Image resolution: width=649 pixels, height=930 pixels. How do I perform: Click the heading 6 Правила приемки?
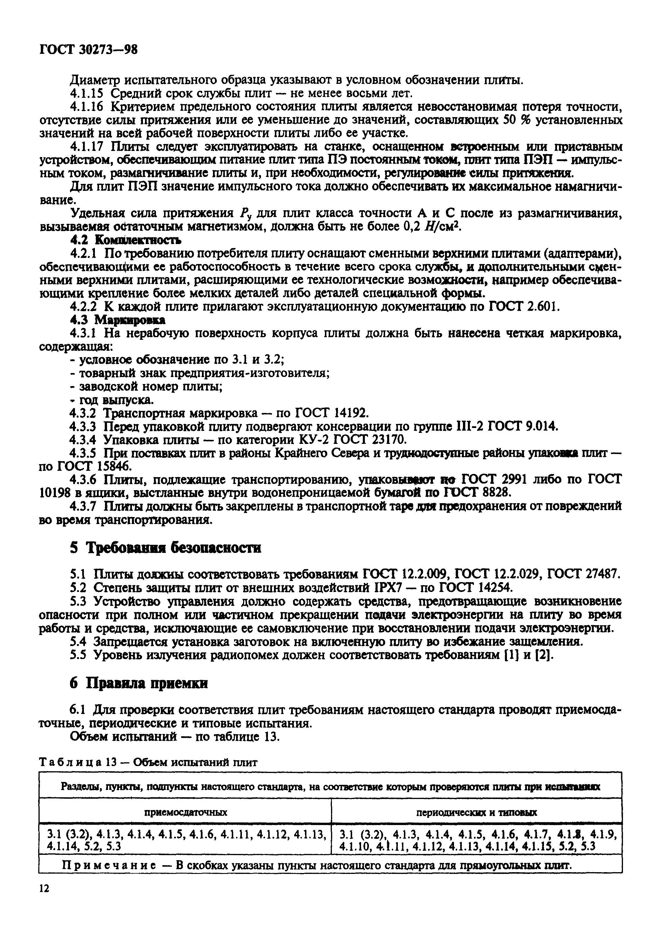pos(139,683)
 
